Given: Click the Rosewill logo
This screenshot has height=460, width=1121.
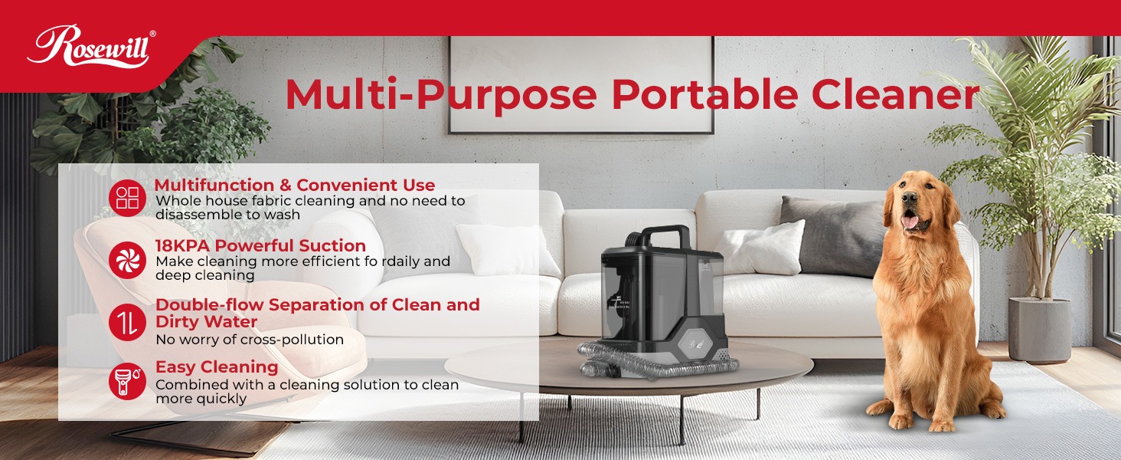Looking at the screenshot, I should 90,48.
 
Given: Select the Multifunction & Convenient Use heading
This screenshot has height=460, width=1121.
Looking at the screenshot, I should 295,185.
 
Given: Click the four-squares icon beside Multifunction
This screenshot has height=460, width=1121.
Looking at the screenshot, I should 127,199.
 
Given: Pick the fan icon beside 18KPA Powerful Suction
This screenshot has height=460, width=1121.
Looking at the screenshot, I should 127,260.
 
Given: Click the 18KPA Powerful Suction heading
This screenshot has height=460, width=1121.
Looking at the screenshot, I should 260,245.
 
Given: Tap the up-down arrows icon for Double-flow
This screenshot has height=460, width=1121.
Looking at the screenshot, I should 127,321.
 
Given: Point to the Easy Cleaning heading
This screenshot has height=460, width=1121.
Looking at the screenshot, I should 217,366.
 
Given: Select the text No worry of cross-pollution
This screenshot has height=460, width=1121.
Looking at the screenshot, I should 250,339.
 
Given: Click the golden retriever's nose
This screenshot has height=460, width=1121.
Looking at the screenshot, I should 909,199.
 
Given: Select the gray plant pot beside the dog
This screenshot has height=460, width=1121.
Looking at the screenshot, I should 1039,330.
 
